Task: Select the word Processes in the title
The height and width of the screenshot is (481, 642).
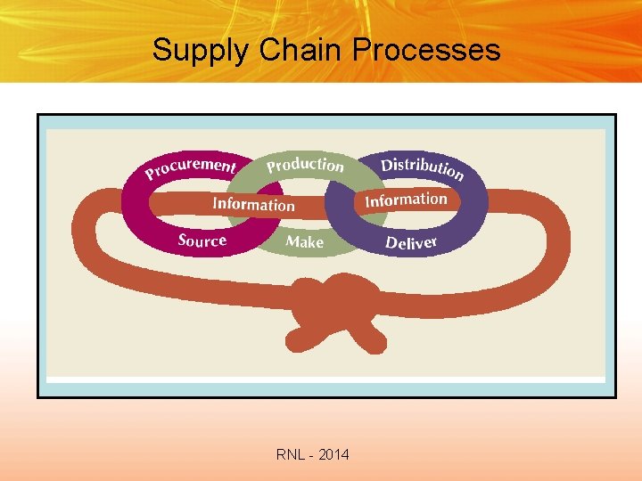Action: [x=426, y=50]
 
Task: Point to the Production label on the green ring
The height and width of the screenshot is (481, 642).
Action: [x=305, y=165]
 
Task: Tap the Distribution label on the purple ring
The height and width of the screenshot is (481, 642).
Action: [x=422, y=167]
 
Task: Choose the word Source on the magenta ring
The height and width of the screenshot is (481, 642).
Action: [x=202, y=240]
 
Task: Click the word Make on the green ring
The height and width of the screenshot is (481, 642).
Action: [x=304, y=241]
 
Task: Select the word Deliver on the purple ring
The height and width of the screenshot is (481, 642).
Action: [x=411, y=242]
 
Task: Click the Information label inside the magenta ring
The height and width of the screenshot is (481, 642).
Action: [x=253, y=204]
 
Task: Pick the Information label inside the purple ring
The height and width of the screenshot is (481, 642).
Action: [x=406, y=200]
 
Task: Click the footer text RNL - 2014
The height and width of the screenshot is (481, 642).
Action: [x=313, y=455]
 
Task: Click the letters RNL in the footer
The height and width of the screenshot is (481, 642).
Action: [x=290, y=455]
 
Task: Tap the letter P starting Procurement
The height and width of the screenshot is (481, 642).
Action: [x=151, y=172]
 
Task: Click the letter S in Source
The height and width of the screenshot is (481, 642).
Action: [x=183, y=240]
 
